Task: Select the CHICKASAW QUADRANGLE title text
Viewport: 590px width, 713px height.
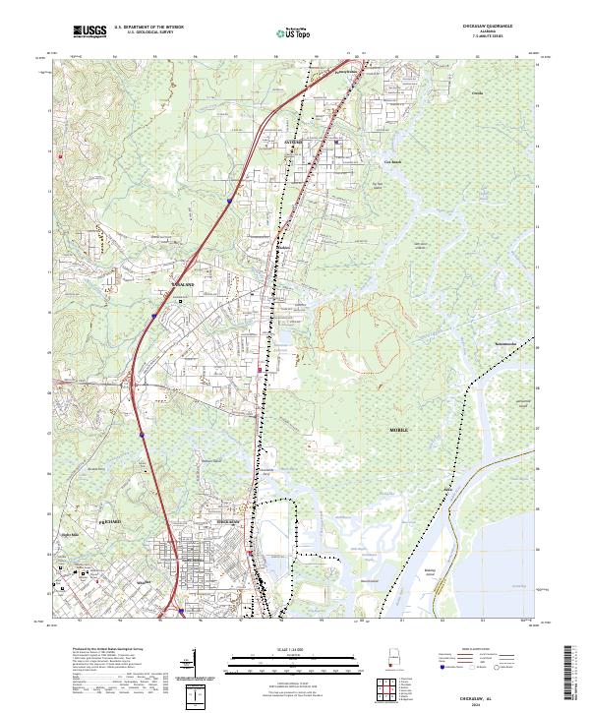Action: tap(495, 27)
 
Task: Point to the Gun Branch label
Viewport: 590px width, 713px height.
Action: tap(392, 161)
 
